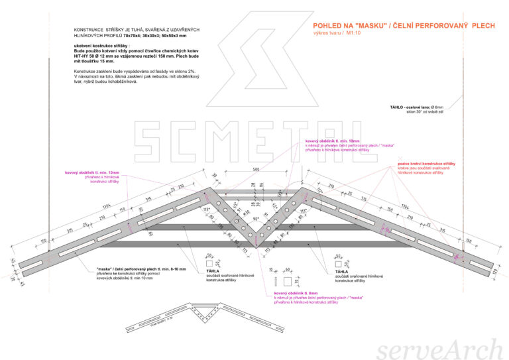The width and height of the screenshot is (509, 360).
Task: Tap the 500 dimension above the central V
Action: tap(256, 170)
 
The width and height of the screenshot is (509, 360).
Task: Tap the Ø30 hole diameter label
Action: tap(248, 213)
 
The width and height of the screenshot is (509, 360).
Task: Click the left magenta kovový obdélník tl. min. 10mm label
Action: tap(92, 173)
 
